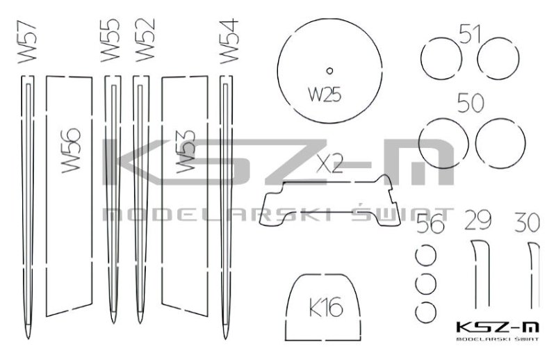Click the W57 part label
[27, 42]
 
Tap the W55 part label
[111, 40]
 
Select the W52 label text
[145, 40]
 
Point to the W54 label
[229, 41]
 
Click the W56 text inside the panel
[71, 150]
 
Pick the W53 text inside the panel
[186, 151]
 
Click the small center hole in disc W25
[329, 71]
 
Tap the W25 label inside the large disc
[325, 95]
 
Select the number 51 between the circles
[470, 34]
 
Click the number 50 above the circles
[471, 103]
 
